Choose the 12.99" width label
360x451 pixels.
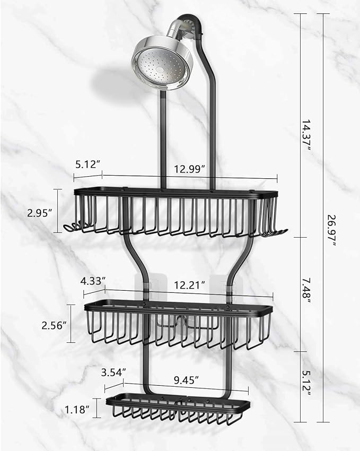190,168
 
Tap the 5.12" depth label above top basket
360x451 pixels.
87,164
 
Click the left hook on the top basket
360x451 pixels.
70,228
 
